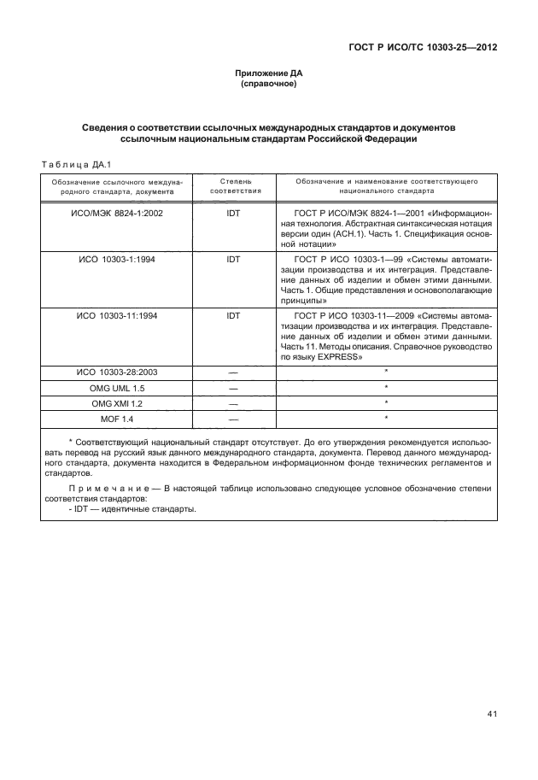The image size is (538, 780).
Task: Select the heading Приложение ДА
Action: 268,75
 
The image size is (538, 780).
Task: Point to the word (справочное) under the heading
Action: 268,86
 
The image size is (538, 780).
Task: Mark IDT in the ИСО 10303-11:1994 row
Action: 233,315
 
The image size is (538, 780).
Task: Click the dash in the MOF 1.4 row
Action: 233,419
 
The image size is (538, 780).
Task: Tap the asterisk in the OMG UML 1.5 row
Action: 387,387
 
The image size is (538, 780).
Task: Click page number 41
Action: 492,713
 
